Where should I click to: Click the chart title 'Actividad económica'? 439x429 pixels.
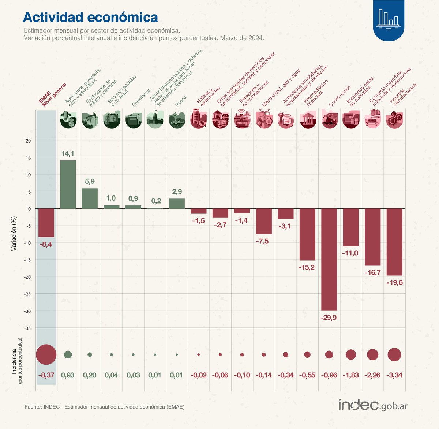click(x=90, y=17)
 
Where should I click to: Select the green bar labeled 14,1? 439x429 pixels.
click(x=68, y=184)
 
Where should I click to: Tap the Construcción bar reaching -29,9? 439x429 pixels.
click(x=329, y=259)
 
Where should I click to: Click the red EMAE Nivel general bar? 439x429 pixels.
click(x=46, y=223)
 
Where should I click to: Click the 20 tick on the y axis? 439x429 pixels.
click(x=28, y=141)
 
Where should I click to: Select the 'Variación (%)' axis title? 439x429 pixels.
click(x=14, y=233)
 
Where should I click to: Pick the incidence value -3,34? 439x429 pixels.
click(x=394, y=375)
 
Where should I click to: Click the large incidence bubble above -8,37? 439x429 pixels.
click(x=46, y=354)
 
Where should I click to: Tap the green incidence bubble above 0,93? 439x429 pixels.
click(x=68, y=354)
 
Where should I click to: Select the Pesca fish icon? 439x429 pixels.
click(x=177, y=120)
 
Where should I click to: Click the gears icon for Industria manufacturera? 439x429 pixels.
click(x=394, y=120)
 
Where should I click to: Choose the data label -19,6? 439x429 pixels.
click(x=394, y=282)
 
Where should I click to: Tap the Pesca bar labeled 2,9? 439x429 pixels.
click(x=177, y=204)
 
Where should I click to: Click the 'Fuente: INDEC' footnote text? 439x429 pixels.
click(x=105, y=407)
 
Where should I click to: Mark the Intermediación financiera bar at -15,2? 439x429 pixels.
click(x=307, y=234)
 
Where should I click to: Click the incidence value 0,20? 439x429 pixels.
click(x=90, y=375)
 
